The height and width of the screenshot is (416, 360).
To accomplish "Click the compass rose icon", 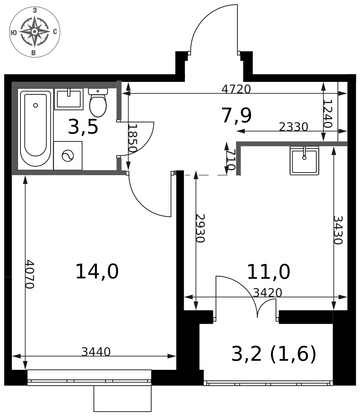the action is pyautogui.click(x=35, y=32).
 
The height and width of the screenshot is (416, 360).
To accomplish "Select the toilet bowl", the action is pyautogui.click(x=98, y=103).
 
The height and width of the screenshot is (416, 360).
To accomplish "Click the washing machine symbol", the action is pyautogui.click(x=68, y=156).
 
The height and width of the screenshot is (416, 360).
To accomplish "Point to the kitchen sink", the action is pyautogui.click(x=304, y=161).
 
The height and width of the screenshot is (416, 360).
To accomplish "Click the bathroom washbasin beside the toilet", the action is pyautogui.click(x=69, y=99).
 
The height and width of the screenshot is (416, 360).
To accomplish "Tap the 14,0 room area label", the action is pyautogui.click(x=97, y=272).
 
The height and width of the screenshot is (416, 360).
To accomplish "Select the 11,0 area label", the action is pyautogui.click(x=269, y=272).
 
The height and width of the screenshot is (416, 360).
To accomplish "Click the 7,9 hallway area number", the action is pyautogui.click(x=237, y=116).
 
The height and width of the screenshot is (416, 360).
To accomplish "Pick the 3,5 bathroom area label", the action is pyautogui.click(x=83, y=127).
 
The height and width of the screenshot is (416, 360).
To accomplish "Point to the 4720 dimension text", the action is pyautogui.click(x=236, y=89).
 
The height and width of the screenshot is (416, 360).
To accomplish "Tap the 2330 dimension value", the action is pyautogui.click(x=293, y=127).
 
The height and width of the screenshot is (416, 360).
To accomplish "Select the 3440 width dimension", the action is pyautogui.click(x=96, y=352).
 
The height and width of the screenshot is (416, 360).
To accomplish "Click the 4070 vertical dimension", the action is pyautogui.click(x=30, y=274).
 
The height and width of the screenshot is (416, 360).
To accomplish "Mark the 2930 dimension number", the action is pyautogui.click(x=200, y=228).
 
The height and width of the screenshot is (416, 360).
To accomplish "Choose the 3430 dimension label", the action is pyautogui.click(x=338, y=230).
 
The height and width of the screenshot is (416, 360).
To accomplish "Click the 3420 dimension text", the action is pyautogui.click(x=267, y=292).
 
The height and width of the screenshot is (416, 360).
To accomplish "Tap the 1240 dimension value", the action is pyautogui.click(x=328, y=114).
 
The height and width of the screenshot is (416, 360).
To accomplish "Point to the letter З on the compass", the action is pyautogui.click(x=35, y=11).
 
